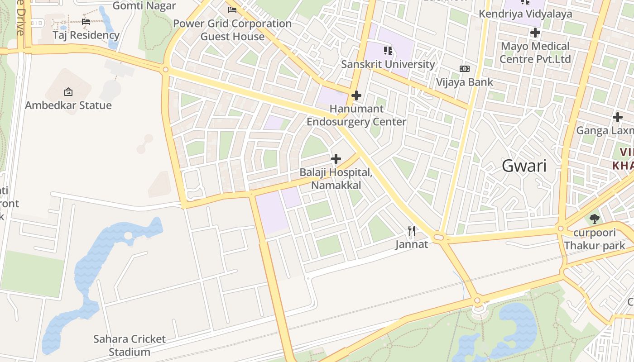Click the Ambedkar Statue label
point(68,105)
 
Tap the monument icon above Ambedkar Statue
point(68,92)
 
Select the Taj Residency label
point(86,35)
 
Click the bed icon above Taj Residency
point(86,21)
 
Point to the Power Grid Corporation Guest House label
point(232,30)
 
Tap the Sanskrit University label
point(388,64)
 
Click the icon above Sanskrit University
point(388,51)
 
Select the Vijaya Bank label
point(465,82)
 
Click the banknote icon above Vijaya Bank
point(465,69)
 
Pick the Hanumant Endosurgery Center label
point(356,115)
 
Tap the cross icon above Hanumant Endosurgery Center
point(356,95)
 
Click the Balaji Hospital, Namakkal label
point(336,179)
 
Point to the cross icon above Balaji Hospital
point(336,159)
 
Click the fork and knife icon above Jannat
point(412,231)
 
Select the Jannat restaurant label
point(412,245)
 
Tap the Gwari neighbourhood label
point(524,166)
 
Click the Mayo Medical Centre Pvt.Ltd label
point(535,52)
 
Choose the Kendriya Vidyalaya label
point(525,14)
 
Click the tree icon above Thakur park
point(595,219)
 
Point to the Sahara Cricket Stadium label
point(130,345)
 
